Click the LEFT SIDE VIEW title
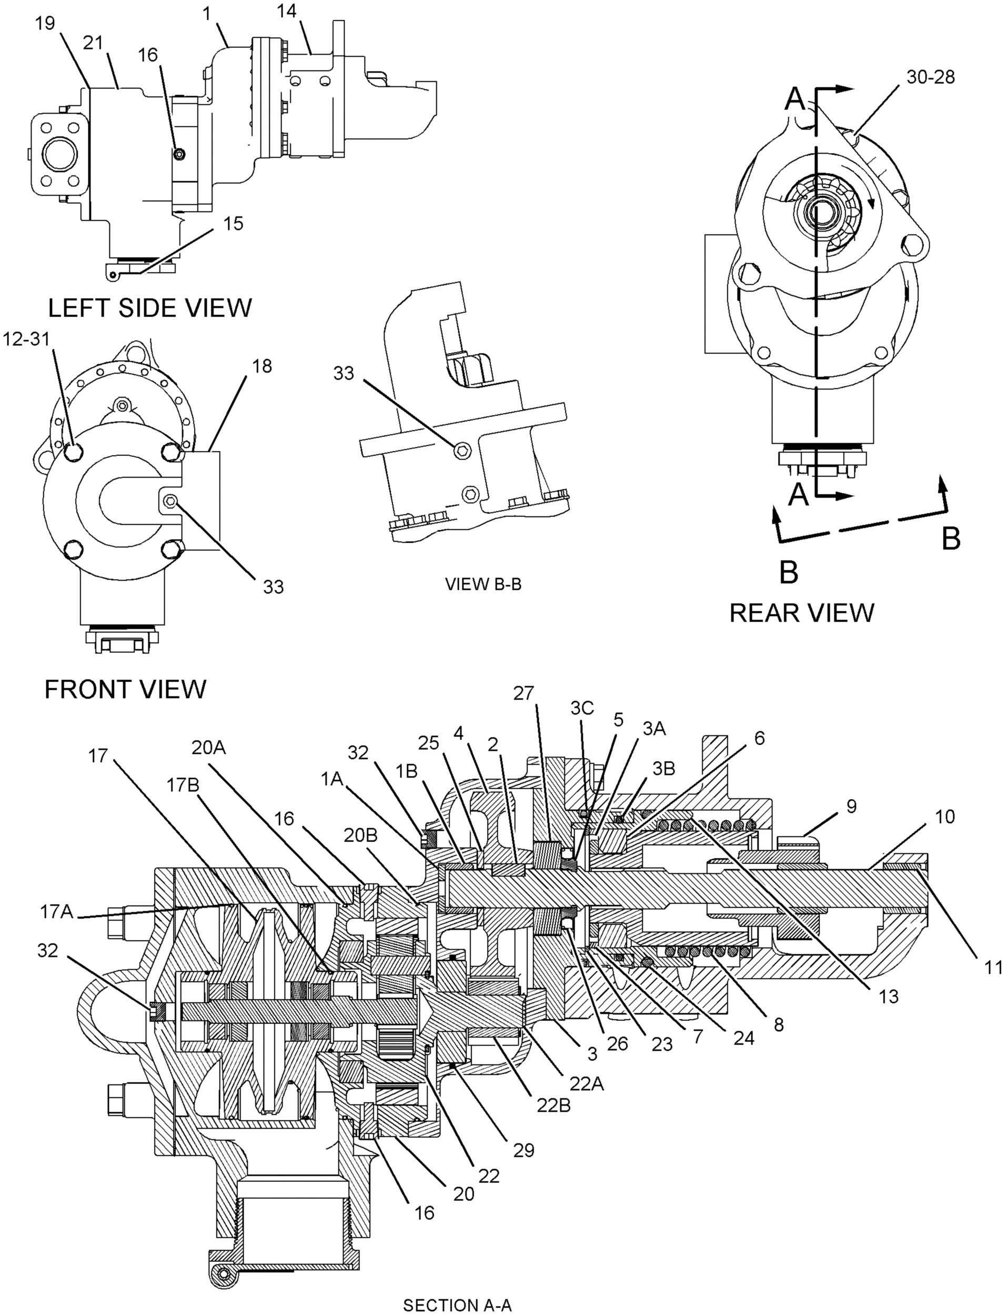[x=150, y=308]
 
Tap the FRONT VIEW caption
[x=125, y=690]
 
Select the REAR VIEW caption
[x=802, y=613]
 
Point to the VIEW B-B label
[x=483, y=584]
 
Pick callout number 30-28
[x=931, y=77]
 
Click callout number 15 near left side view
[x=234, y=223]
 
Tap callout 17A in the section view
[x=56, y=912]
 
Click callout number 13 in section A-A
[x=889, y=996]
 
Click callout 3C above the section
[x=581, y=709]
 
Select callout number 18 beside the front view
[x=262, y=366]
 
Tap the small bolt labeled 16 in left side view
[x=179, y=155]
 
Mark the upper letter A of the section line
[x=795, y=99]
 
